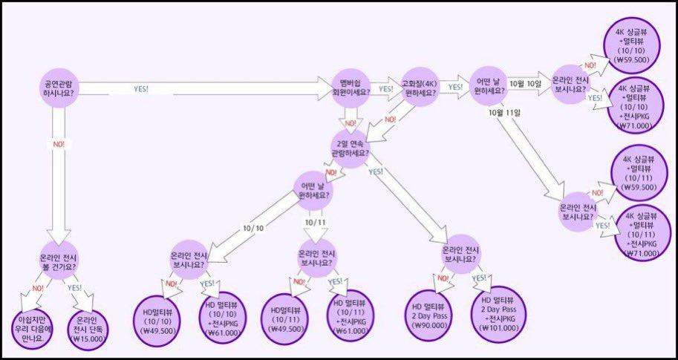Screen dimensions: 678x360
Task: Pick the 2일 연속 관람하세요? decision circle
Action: (351, 147)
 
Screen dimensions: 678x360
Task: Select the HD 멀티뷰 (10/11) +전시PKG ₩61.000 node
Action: (348, 314)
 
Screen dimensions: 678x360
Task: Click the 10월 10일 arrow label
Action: (526, 84)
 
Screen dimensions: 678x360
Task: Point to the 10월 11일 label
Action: (507, 112)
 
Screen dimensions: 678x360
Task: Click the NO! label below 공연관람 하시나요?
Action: (58, 143)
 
